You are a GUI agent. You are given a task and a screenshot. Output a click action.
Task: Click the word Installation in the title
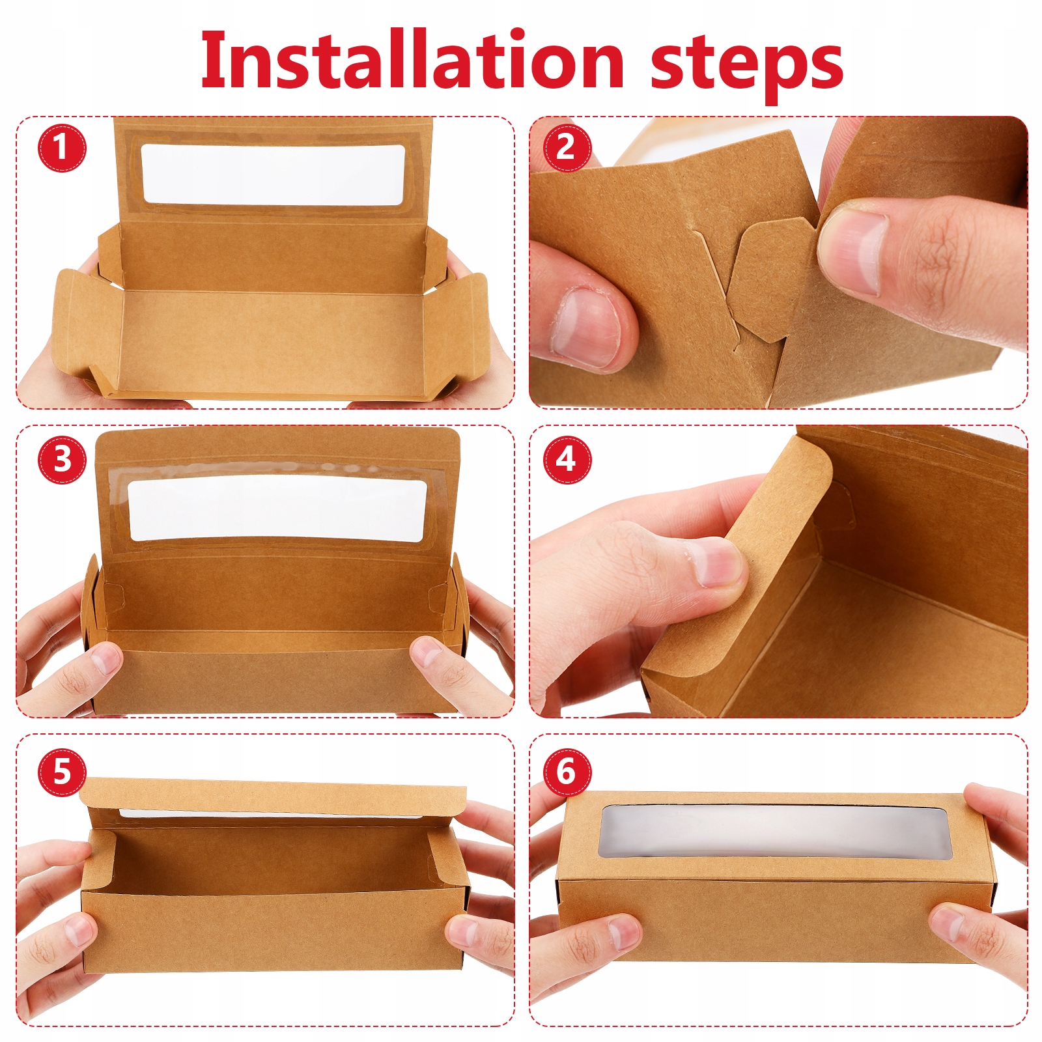click(x=412, y=59)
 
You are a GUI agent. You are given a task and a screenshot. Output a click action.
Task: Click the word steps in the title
click(x=747, y=65)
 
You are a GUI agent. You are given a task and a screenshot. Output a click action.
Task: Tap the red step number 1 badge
click(x=61, y=147)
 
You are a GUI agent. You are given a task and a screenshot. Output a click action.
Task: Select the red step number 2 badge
click(x=566, y=147)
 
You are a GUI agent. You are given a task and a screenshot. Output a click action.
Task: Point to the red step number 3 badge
click(x=62, y=460)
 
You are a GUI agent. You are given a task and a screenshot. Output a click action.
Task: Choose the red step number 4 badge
click(x=567, y=460)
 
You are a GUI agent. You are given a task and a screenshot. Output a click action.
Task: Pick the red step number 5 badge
click(x=62, y=772)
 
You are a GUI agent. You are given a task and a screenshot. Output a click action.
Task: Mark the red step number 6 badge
click(x=567, y=772)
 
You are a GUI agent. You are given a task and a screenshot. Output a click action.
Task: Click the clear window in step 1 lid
click(x=273, y=175)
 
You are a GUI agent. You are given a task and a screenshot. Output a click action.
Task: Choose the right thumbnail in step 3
click(x=427, y=652)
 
